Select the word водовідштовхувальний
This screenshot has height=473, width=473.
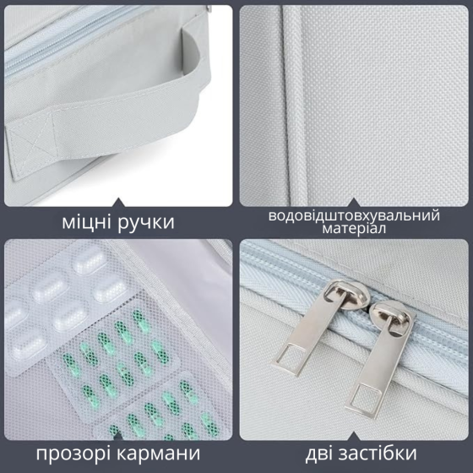tap(354, 215)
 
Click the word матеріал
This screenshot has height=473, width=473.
tap(354, 231)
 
